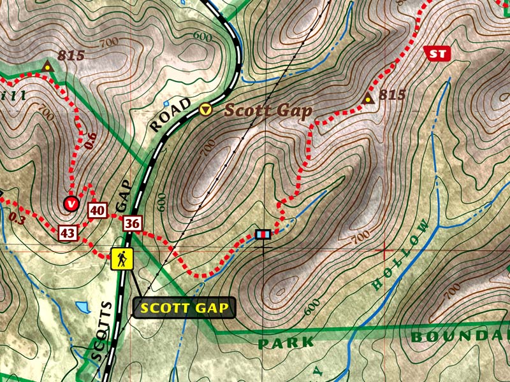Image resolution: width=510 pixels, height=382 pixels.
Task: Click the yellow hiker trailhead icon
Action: pyautogui.click(x=122, y=258)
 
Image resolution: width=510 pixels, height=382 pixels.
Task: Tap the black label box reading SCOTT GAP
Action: pyautogui.click(x=184, y=308)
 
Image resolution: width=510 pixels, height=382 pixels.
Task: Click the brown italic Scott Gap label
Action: pyautogui.click(x=268, y=110)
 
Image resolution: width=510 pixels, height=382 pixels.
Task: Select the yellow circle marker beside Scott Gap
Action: pyautogui.click(x=206, y=110)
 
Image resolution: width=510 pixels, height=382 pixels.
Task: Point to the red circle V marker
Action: pyautogui.click(x=71, y=204)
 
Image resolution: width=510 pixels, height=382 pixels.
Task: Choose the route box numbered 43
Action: pyautogui.click(x=68, y=233)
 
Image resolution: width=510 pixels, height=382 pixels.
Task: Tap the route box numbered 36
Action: pyautogui.click(x=133, y=223)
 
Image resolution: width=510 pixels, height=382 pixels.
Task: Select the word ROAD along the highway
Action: pyautogui.click(x=170, y=115)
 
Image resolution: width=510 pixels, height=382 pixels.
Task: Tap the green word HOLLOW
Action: pyautogui.click(x=399, y=255)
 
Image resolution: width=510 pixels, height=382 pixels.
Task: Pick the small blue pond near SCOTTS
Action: pyautogui.click(x=83, y=308)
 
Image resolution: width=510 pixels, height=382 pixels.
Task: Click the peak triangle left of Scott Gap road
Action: pyautogui.click(x=47, y=66)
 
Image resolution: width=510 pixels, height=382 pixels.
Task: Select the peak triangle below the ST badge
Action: pyautogui.click(x=367, y=99)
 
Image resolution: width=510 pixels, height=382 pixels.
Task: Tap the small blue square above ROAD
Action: pyautogui.click(x=166, y=103)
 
